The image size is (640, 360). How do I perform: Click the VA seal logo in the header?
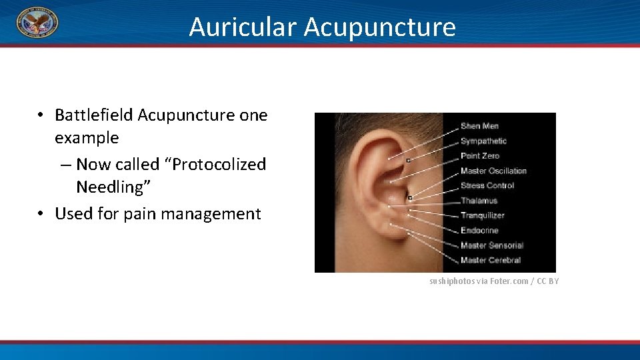coord(37,23)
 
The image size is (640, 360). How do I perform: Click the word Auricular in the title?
coord(242,27)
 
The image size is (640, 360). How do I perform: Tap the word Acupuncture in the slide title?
coord(380,27)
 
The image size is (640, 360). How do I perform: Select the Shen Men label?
coord(479,126)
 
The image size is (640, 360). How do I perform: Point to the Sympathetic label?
coord(483,141)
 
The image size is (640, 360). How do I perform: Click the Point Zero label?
coord(480,156)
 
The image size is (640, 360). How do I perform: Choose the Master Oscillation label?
coord(493,171)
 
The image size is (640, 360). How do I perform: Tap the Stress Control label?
coord(487,185)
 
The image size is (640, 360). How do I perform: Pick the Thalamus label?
coord(479,200)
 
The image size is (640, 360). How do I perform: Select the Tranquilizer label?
coord(482,215)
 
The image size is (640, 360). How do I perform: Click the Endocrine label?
coord(479,230)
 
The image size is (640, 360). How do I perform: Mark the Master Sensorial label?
coord(492,245)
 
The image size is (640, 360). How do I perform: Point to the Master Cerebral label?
coord(491,260)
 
